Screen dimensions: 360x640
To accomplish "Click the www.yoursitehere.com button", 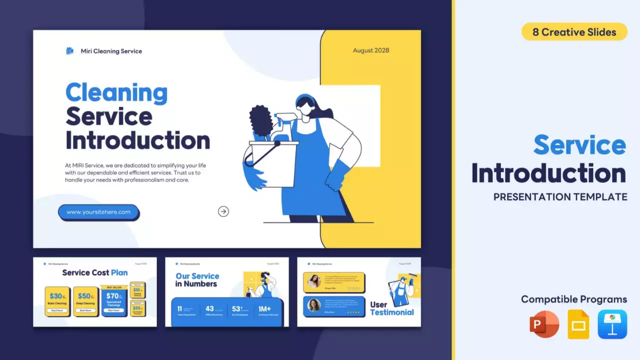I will [x=98, y=212].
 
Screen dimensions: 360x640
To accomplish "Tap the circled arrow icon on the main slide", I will [x=223, y=211].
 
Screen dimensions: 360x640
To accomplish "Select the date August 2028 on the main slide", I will [x=370, y=50].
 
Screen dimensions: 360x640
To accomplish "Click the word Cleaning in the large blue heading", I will [x=116, y=93].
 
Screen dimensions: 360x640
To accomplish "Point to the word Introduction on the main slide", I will [x=137, y=140].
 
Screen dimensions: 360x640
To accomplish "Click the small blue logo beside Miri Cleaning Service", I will [x=70, y=51].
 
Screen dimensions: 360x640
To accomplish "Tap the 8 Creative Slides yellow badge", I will [x=574, y=32].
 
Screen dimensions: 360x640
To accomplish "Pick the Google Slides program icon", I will [x=578, y=324].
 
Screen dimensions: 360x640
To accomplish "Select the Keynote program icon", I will [x=612, y=324].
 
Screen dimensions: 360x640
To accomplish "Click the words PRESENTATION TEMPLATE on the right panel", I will [x=560, y=197].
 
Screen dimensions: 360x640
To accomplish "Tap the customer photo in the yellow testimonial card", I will [x=314, y=281].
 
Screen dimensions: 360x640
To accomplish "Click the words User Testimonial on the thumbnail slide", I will [x=391, y=308].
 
